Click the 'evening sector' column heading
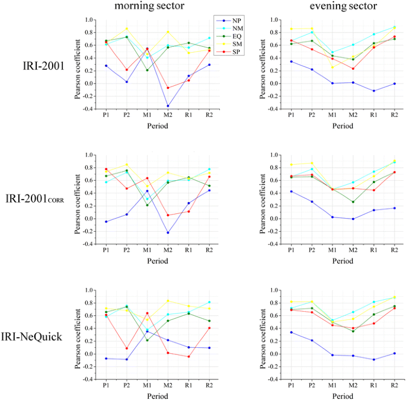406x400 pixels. pos(335,7)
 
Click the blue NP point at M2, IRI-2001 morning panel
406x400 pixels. pos(168,106)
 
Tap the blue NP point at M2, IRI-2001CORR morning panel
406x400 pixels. pos(168,232)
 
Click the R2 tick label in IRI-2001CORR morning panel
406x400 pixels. pos(209,251)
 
